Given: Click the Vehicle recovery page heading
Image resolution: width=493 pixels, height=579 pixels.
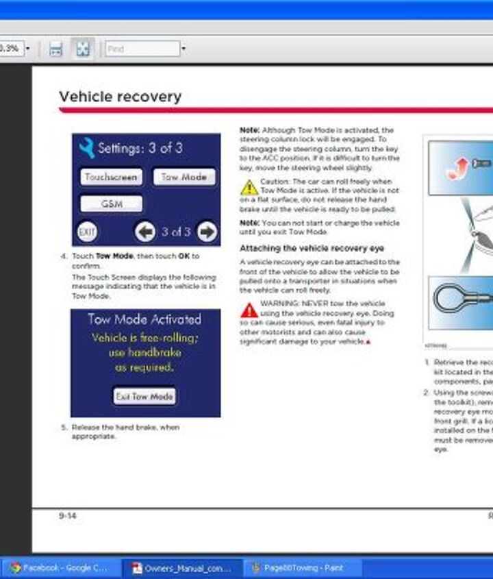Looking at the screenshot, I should pos(121,97).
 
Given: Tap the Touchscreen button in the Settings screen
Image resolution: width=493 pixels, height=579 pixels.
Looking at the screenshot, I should pos(112,177).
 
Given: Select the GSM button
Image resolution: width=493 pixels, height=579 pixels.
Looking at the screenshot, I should pos(112,204).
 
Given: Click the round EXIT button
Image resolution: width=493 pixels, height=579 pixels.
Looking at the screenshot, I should pos(87,232).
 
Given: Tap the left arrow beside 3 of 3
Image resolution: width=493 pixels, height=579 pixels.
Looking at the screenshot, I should pos(145,232).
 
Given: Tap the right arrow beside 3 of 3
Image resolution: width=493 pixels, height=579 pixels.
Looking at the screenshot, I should pos(206,232).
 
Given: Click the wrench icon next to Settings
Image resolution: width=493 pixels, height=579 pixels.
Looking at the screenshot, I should pos(86,148).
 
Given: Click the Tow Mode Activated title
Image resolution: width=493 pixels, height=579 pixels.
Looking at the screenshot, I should pos(144,319).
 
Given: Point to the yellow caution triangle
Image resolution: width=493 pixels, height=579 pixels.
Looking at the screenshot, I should pos(249,186).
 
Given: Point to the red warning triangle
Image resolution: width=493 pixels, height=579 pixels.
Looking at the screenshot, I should pos(249,310).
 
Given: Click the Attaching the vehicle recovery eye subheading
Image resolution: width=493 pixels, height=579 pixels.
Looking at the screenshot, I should pos(312,248).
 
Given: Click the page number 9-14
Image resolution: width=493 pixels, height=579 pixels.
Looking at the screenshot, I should pos(67,515).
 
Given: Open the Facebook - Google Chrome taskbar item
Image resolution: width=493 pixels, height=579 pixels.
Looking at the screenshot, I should pos(59,568).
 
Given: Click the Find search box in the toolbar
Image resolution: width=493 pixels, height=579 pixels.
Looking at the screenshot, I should pos(142,49).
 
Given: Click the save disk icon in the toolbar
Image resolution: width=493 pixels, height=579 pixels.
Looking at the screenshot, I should pos(56,49).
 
